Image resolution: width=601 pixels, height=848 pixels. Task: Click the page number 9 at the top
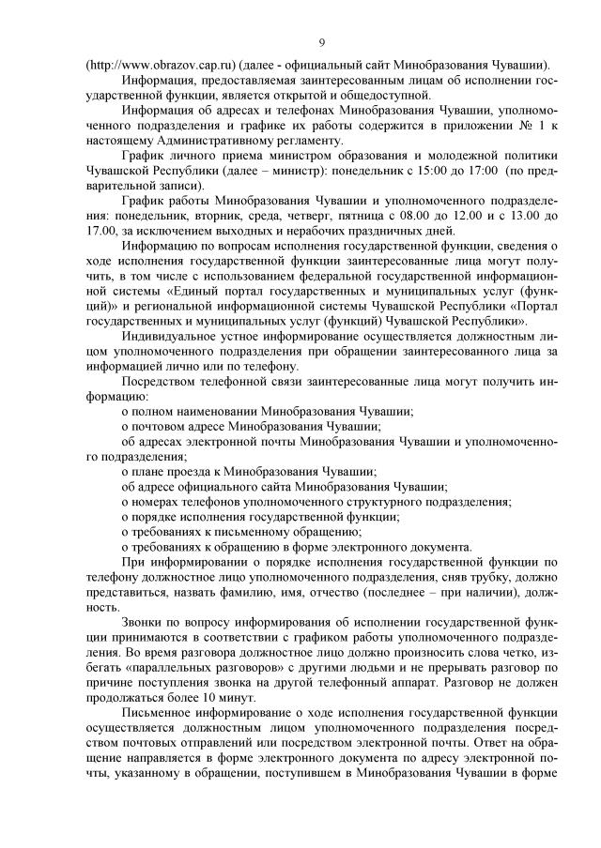(x=322, y=42)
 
